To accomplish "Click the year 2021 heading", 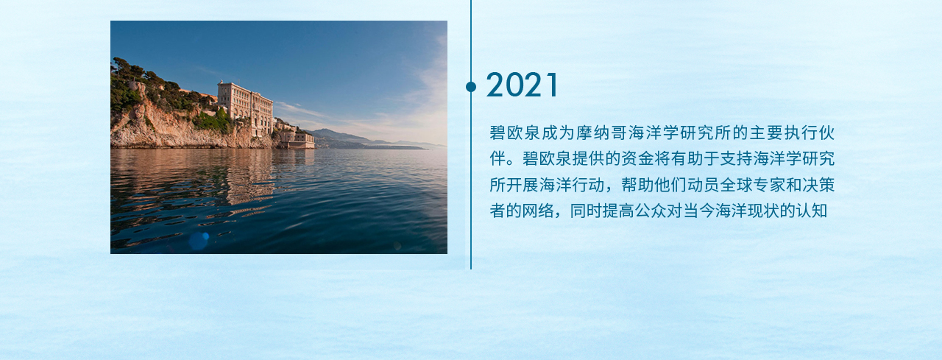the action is click(x=523, y=85).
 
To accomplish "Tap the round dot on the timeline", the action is click(x=471, y=87).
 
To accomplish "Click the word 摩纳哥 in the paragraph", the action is click(x=602, y=133).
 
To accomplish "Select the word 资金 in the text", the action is click(x=637, y=158).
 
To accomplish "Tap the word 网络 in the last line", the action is click(x=538, y=211).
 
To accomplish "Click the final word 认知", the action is click(x=812, y=211).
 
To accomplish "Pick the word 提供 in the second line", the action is click(x=588, y=158).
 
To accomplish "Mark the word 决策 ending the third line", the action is click(x=818, y=185).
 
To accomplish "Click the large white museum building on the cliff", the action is click(x=245, y=107).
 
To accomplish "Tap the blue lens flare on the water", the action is click(x=199, y=241).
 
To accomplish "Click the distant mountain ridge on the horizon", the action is click(x=358, y=138).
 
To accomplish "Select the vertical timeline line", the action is click(x=471, y=135).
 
